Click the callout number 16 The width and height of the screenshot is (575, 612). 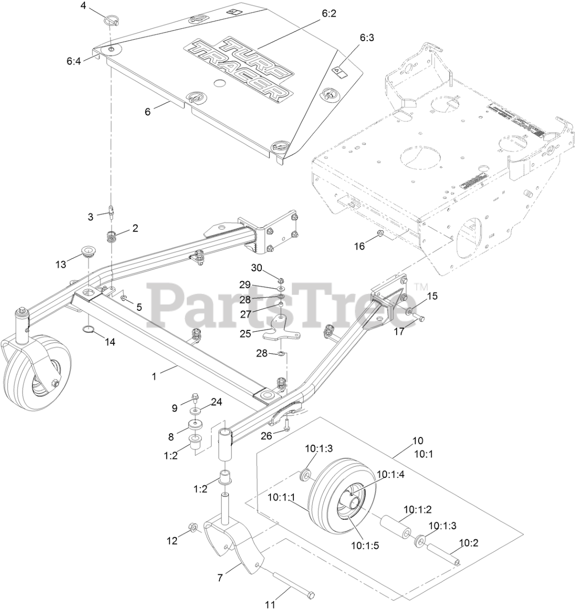click(359, 246)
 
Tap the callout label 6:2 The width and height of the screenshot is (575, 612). click(329, 14)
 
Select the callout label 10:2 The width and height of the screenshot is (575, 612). click(469, 543)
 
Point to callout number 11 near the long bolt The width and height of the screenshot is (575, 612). click(271, 604)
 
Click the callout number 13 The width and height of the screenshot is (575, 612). click(61, 264)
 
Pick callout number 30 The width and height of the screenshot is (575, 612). click(257, 268)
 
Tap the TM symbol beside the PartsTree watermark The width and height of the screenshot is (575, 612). click(421, 287)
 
